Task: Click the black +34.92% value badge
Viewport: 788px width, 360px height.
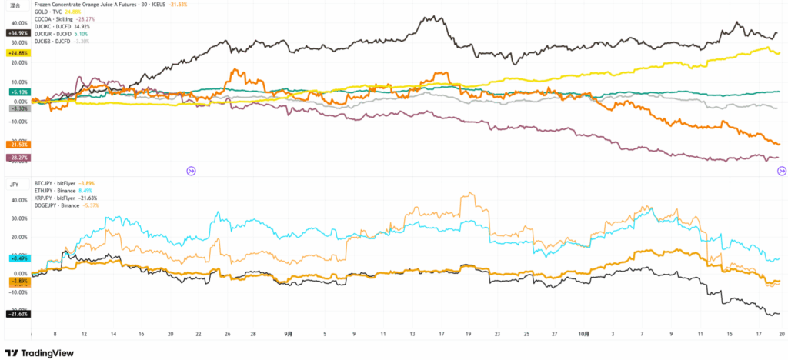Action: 17,33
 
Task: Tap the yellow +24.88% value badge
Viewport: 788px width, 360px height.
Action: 17,53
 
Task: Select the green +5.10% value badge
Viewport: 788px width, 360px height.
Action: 18,92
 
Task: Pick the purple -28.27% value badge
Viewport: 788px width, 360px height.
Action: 17,158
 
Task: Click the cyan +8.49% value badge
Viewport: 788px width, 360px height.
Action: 18,259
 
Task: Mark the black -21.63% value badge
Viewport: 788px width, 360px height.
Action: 17,314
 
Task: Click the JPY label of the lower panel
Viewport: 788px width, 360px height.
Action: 13,185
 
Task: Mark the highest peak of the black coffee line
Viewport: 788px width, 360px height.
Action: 445,17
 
